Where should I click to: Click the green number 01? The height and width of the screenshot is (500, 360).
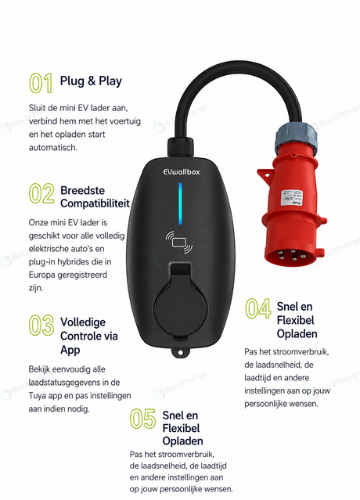(x=41, y=83)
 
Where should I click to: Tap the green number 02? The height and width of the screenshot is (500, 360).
(x=41, y=193)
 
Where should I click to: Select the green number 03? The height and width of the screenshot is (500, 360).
(x=41, y=325)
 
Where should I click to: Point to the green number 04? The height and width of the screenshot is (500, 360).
(x=258, y=308)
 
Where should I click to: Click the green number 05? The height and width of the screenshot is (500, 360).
(x=142, y=419)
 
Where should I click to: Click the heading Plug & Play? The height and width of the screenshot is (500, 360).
(x=91, y=81)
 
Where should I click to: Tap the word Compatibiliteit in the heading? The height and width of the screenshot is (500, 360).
(x=95, y=203)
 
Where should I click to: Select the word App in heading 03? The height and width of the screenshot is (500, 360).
(x=70, y=350)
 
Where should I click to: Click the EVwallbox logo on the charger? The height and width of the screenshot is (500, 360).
(x=182, y=171)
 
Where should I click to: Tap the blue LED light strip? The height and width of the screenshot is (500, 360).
(x=180, y=203)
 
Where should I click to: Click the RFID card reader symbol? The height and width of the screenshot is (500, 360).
(x=179, y=241)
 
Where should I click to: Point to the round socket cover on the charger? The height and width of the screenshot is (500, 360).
(x=181, y=309)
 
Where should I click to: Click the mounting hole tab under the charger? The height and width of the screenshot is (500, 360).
(x=180, y=352)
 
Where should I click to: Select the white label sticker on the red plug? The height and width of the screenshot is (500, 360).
(x=291, y=198)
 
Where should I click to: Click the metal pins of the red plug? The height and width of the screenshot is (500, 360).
(x=291, y=256)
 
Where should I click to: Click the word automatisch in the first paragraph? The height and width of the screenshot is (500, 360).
(x=53, y=148)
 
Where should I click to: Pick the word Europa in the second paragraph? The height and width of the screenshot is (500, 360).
(x=41, y=275)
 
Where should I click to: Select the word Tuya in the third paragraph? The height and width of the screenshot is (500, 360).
(x=38, y=396)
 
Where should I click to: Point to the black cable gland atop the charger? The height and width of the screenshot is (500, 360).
(x=180, y=146)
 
